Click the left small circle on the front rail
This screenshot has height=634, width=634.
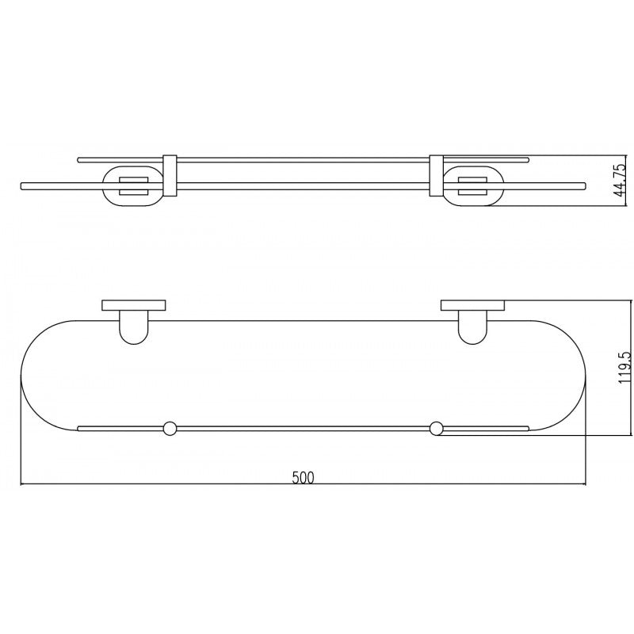coord(168,429)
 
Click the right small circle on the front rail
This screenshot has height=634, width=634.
coord(435,429)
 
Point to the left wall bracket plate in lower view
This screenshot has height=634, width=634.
coord(132,305)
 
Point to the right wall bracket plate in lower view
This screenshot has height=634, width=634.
coord(472,305)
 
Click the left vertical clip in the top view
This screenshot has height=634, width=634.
coord(168,175)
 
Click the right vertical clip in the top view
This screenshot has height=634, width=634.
coord(435,175)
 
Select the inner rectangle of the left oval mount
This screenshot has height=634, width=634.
coord(132,186)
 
